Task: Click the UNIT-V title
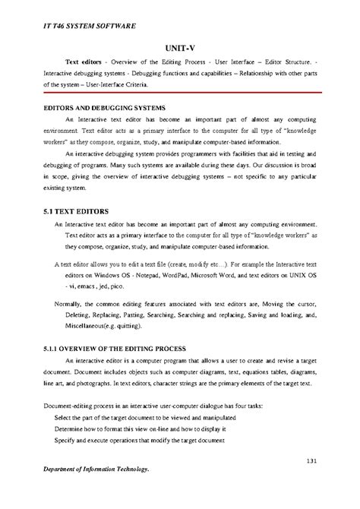[x=180, y=47]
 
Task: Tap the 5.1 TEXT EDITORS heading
[x=77, y=210]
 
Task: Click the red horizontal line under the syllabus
[x=180, y=96]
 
